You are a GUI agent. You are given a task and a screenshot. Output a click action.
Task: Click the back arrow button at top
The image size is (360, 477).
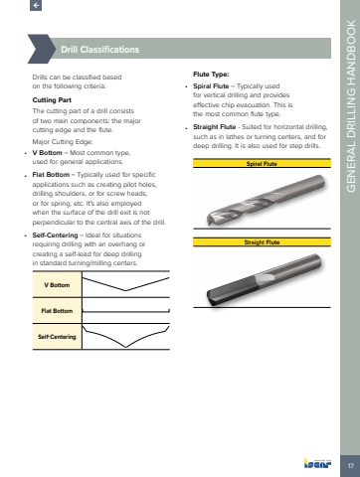coord(36,5)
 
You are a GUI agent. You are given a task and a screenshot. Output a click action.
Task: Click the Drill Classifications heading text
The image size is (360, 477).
coord(99,50)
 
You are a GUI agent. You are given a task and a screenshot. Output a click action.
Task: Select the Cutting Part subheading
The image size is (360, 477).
coord(52,100)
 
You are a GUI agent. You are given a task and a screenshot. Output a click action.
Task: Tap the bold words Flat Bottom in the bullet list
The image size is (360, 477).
coord(51,175)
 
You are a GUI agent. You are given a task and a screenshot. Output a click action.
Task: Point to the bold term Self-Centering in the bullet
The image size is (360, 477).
coord(55,236)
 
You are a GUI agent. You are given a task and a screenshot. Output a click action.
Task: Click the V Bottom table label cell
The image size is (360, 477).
coord(57,285)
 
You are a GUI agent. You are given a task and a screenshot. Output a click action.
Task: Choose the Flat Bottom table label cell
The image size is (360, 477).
coord(57,311)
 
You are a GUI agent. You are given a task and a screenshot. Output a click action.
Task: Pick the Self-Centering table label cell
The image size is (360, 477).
coord(57,337)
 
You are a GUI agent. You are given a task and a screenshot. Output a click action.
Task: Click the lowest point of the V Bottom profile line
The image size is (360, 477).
coord(125,290)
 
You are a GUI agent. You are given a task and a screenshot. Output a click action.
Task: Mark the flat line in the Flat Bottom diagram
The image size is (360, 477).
coord(126,311)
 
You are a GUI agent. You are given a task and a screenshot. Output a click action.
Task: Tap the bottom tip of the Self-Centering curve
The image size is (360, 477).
coord(126,347)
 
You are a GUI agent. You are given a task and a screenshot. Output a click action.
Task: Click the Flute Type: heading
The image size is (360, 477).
coord(211,75)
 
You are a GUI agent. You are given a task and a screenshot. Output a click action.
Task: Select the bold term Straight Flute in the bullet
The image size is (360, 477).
coord(215,127)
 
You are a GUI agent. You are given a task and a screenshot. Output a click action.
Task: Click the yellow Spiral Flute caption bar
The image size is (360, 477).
coord(262,163)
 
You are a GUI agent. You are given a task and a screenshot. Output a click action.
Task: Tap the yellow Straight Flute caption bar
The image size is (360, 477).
coord(262,242)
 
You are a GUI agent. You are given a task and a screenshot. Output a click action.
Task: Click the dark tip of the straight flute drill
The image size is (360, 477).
coord(212,298)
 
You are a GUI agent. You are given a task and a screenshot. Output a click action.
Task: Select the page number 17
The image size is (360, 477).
coord(350,466)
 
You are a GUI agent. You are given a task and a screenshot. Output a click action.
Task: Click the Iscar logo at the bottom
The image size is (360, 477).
coord(317,463)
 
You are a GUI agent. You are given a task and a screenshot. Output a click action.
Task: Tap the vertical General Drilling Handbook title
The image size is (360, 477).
coord(351,106)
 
